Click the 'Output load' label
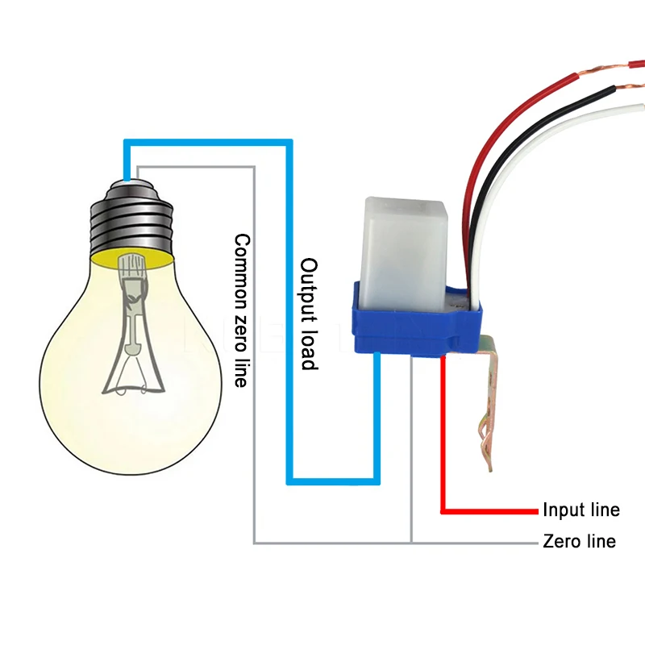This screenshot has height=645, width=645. [x=309, y=314]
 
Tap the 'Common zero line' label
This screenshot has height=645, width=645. [x=240, y=310]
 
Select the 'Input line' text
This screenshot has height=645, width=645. [x=580, y=510]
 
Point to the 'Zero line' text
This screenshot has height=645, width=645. [x=580, y=542]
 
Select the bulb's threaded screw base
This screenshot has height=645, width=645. [x=131, y=218]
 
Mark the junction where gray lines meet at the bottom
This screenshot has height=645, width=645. [x=410, y=543]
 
